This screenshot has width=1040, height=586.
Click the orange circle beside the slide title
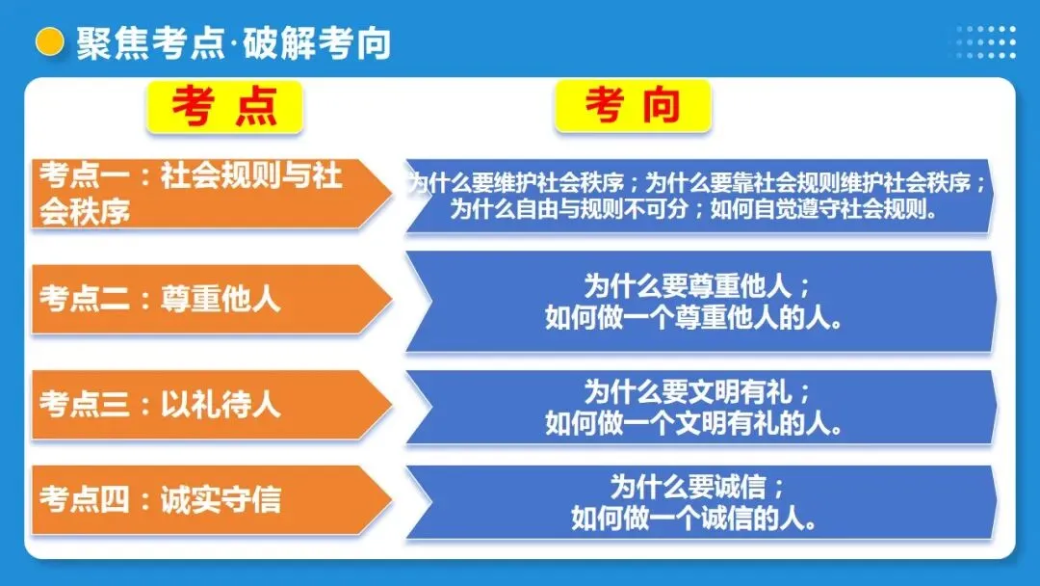(x=48, y=41)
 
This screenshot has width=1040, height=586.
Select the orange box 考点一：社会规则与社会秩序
(x=202, y=193)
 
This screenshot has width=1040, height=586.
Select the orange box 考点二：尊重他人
(x=202, y=299)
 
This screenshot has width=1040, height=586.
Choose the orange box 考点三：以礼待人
(x=202, y=404)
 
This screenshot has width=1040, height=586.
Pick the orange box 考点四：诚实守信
(x=202, y=500)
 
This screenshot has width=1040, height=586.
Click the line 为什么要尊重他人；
(x=700, y=286)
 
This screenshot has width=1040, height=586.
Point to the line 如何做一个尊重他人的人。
(x=700, y=317)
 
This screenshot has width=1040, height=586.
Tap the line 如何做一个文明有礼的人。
(x=700, y=422)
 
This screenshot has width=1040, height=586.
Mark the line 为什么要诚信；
(x=700, y=487)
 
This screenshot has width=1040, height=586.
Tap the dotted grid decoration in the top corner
(x=986, y=41)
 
